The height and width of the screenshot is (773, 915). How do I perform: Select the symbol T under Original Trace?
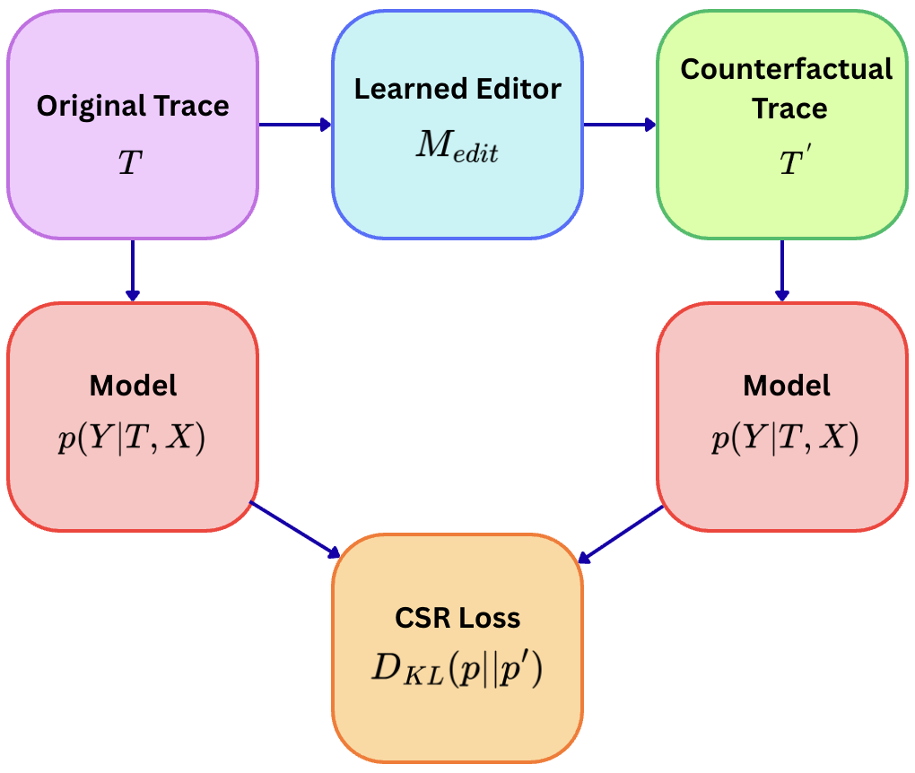pyautogui.click(x=131, y=162)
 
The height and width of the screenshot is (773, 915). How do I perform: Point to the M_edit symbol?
pyautogui.click(x=457, y=148)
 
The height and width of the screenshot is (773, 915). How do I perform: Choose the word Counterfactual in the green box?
pyautogui.click(x=787, y=70)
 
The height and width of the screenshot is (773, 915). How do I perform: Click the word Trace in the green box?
pyautogui.click(x=789, y=109)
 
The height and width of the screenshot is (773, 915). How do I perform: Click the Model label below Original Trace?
pyautogui.click(x=133, y=386)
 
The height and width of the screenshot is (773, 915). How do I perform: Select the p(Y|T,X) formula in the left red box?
pyautogui.click(x=132, y=441)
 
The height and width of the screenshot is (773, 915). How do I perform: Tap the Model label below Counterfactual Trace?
pyautogui.click(x=787, y=386)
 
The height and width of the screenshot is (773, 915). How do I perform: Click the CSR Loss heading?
pyautogui.click(x=457, y=618)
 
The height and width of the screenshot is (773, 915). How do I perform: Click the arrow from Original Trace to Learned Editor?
pyautogui.click(x=295, y=125)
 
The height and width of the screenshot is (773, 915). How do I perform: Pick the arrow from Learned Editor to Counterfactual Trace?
pyautogui.click(x=620, y=125)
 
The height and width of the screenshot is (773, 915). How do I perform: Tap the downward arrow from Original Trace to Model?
pyautogui.click(x=133, y=270)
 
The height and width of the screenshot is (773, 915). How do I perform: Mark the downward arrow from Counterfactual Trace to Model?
pyautogui.click(x=781, y=270)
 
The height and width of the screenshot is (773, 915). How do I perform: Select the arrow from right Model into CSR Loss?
pyautogui.click(x=621, y=534)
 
